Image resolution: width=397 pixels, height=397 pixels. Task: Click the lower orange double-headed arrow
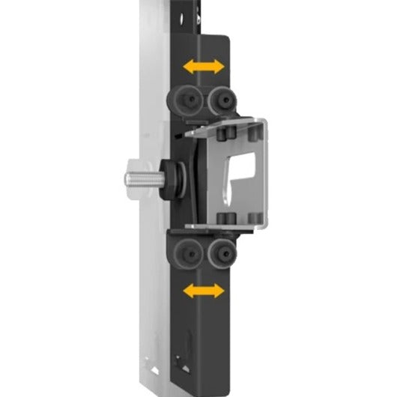pyautogui.click(x=204, y=289)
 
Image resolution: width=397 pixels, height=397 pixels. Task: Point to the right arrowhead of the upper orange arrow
pyautogui.click(x=219, y=67)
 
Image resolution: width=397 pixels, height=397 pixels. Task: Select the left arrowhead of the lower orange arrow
pyautogui.click(x=187, y=289)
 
